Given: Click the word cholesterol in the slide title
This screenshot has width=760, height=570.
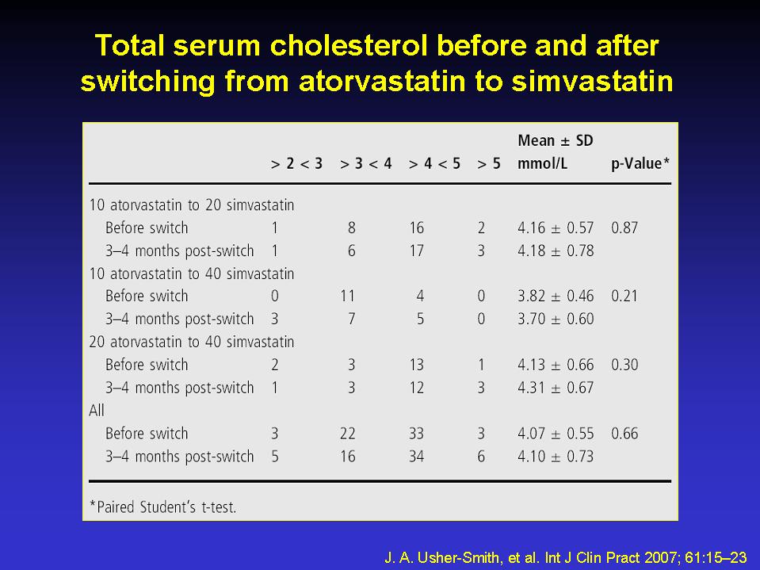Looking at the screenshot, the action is click(349, 46).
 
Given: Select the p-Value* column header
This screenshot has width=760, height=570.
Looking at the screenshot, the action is click(640, 164).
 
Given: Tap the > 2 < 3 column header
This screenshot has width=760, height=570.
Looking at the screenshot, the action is click(296, 164).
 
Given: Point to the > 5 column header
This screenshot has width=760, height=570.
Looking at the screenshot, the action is click(488, 164).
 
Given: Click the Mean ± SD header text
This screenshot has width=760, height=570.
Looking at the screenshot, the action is click(556, 140).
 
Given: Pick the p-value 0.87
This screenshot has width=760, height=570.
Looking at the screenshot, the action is click(624, 228).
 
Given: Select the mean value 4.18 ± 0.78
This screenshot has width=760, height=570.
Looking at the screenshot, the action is click(556, 251).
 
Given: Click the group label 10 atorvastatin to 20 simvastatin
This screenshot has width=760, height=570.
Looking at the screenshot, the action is click(192, 205).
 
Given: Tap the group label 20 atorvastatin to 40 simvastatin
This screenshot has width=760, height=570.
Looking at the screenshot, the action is click(192, 342).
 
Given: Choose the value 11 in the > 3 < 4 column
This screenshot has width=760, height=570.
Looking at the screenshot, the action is click(348, 296).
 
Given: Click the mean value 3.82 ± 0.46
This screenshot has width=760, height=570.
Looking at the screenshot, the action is click(556, 296).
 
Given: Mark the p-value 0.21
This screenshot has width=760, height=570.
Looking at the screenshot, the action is click(624, 296).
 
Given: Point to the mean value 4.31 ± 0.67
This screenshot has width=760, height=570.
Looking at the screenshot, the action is click(556, 388).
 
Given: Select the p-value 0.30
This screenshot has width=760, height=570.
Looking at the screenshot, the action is click(624, 365).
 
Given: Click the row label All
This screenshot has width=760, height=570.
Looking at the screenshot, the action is click(97, 411).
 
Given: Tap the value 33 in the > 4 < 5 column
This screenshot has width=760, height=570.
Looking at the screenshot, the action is click(416, 434).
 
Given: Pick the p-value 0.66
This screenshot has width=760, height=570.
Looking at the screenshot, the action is click(624, 434).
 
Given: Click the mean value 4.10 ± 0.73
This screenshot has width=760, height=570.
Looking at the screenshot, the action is click(556, 457).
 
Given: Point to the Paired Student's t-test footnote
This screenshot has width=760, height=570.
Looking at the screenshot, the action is click(163, 507).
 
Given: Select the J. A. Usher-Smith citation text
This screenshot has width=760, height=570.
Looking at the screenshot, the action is click(566, 557).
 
